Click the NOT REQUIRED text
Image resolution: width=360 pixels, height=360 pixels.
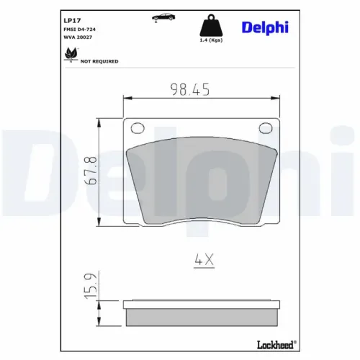coord(99,62)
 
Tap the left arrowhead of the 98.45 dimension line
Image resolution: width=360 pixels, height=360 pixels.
coord(127,98)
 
